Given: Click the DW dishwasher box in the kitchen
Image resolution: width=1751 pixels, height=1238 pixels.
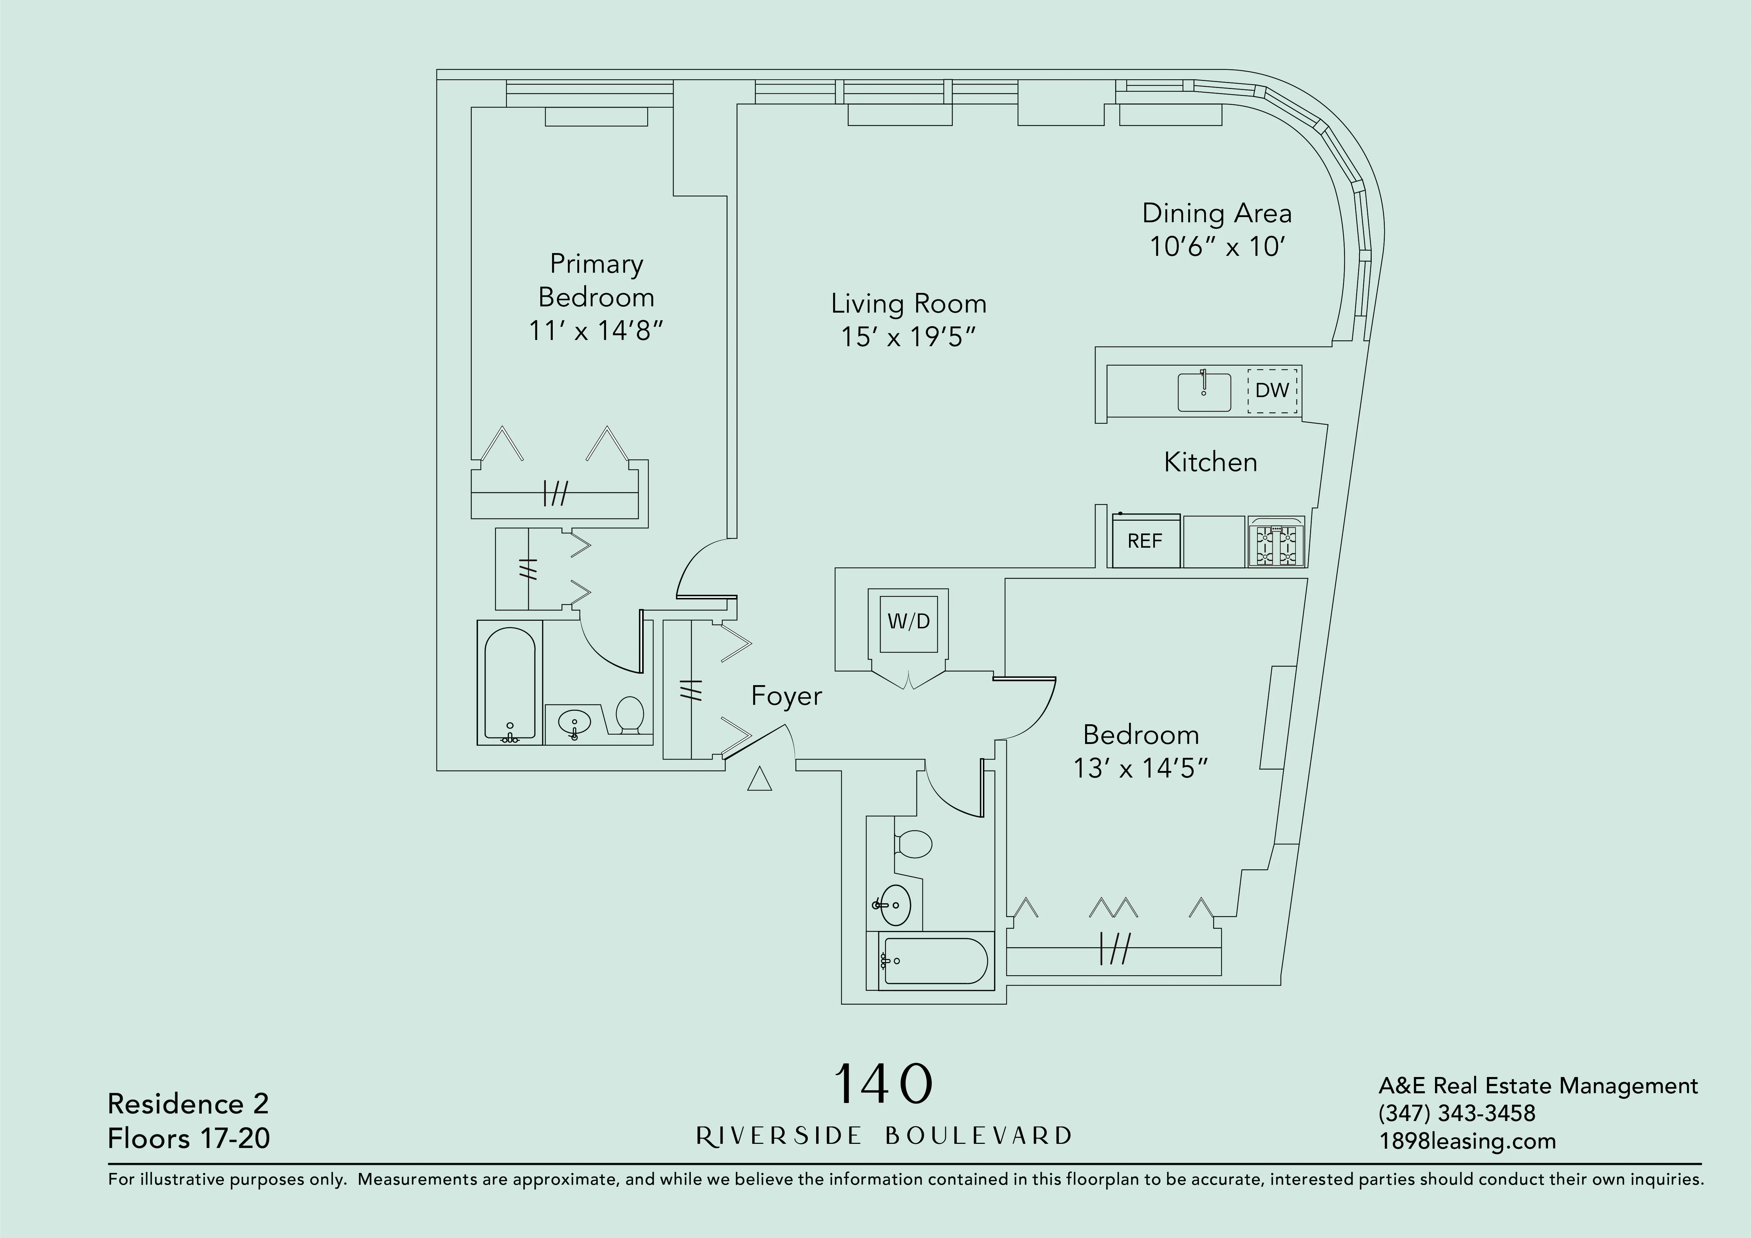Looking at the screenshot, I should pyautogui.click(x=1272, y=391).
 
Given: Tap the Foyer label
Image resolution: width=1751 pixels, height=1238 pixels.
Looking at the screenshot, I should pyautogui.click(x=786, y=696).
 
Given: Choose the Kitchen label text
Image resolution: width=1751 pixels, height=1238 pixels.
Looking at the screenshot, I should pyautogui.click(x=1210, y=462).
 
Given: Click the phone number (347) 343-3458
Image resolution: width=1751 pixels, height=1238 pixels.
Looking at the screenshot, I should pyautogui.click(x=1456, y=1113).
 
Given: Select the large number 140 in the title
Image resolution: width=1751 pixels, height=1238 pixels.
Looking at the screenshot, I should pyautogui.click(x=883, y=1084).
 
